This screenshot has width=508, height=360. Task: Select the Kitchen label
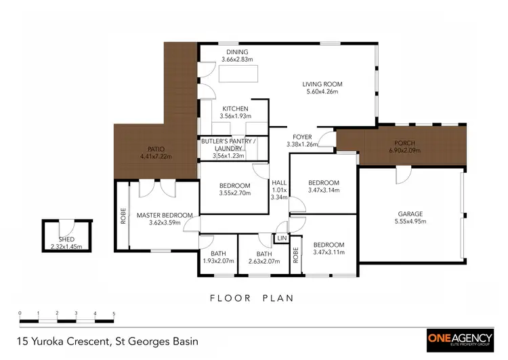point(234,108)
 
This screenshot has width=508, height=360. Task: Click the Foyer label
point(302,136)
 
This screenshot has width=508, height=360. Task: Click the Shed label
point(65,239)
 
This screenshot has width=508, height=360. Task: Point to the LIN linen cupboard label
point(280,238)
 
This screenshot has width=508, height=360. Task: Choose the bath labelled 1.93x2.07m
point(218,260)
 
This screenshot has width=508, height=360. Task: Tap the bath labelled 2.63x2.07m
point(264,260)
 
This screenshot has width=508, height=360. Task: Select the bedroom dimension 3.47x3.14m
point(323,191)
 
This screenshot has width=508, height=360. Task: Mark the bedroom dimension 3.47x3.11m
point(328,252)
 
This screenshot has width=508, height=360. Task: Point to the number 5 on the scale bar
point(114,313)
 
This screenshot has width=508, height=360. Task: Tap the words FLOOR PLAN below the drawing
point(251,298)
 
